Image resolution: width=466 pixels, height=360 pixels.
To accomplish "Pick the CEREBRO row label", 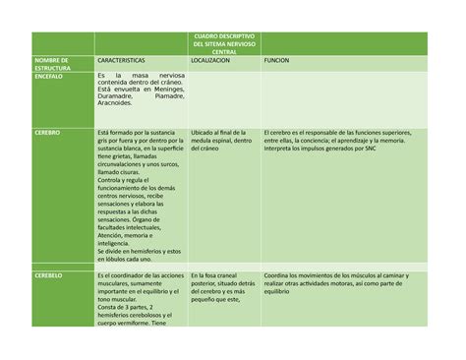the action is point(47,131).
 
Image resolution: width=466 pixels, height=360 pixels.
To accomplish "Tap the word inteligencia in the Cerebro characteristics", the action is point(118,243).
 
